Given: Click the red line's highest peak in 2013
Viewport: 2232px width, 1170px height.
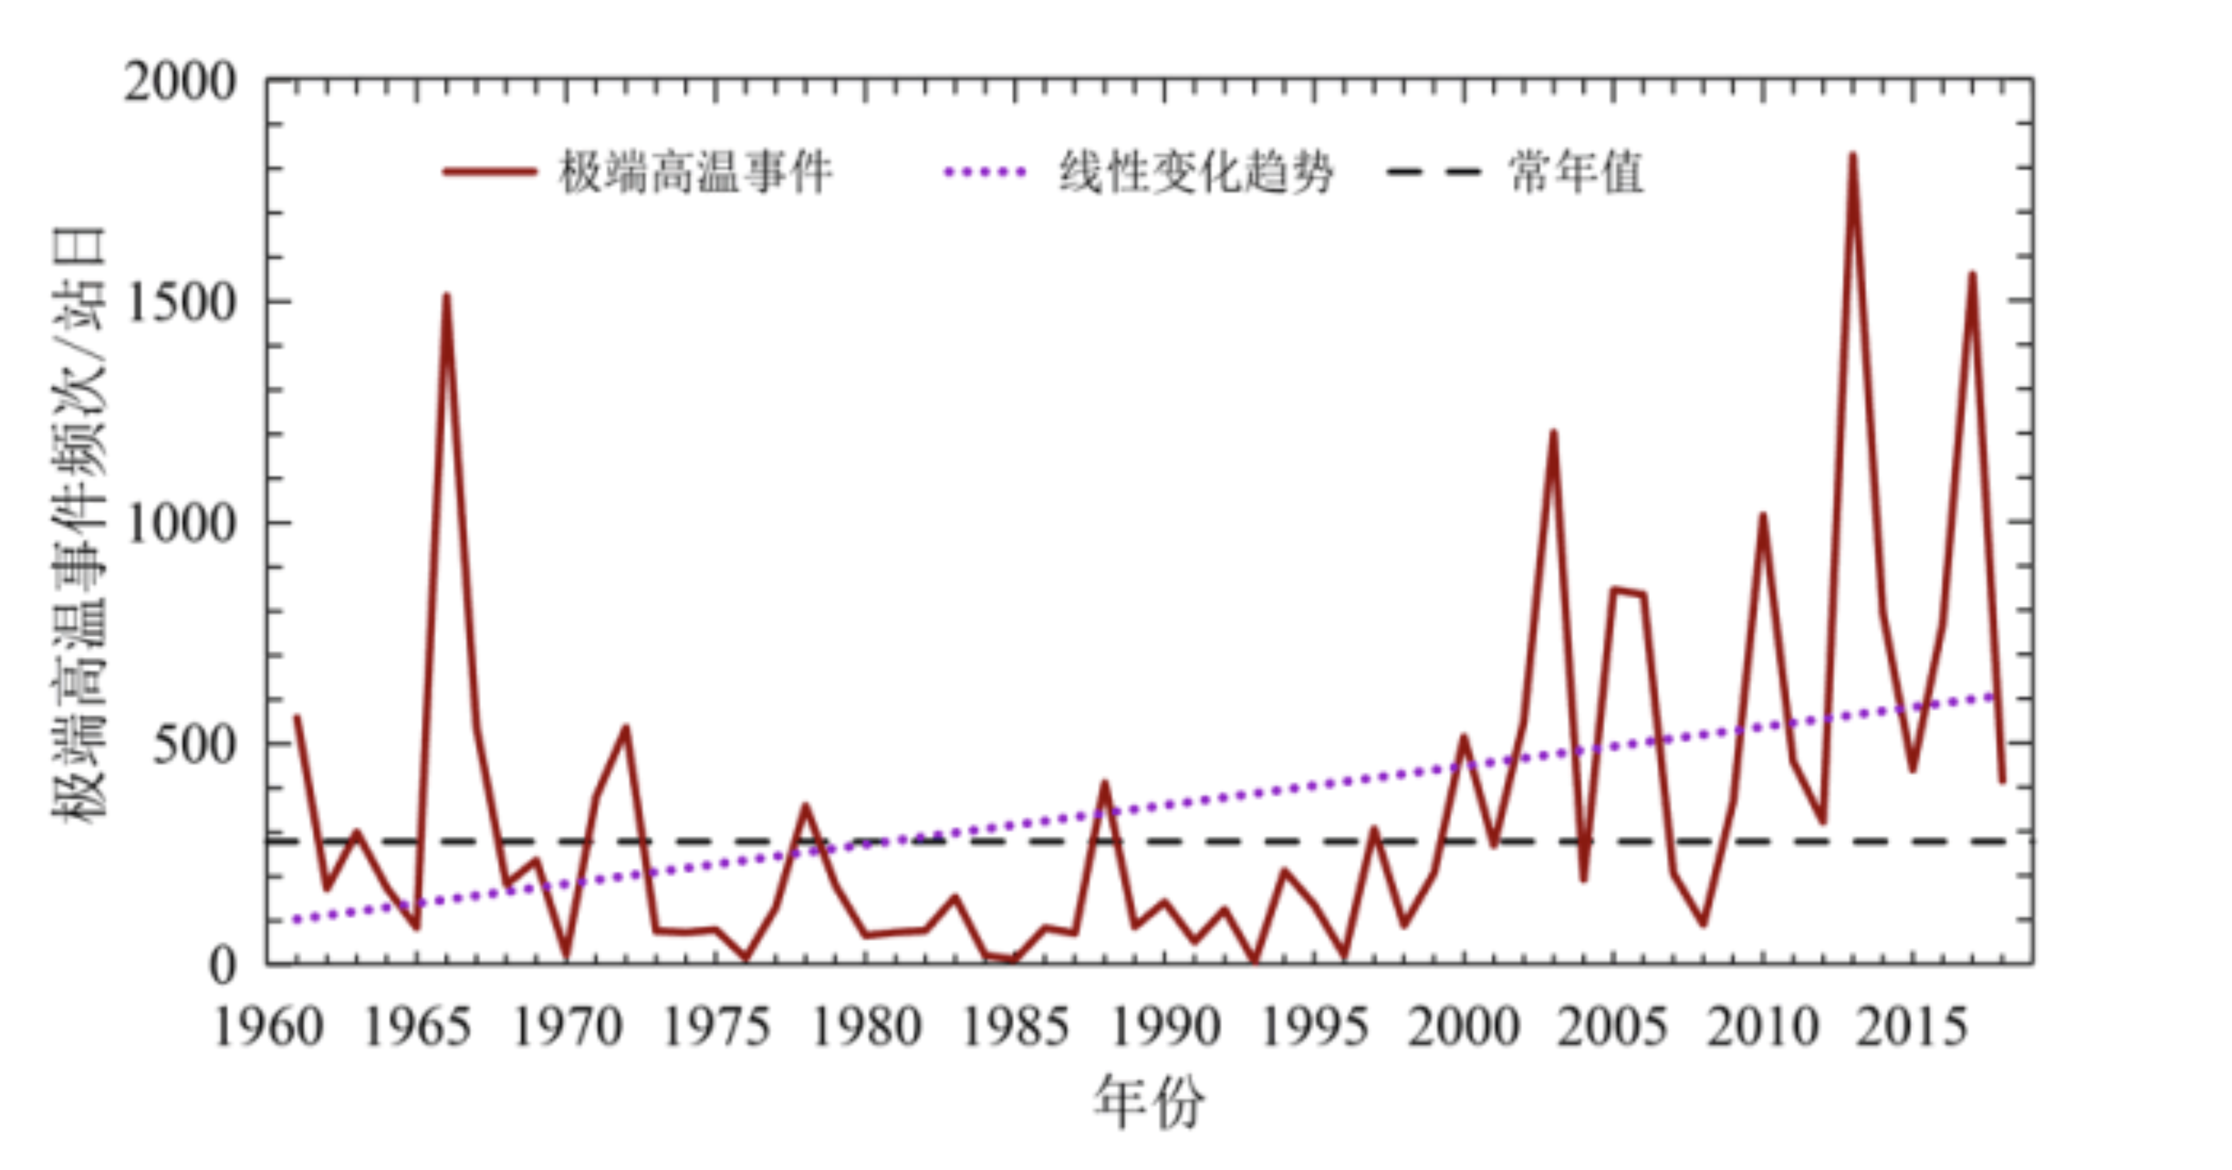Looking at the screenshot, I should (x=1852, y=156).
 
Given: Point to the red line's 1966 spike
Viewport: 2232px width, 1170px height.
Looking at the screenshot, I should (x=446, y=297).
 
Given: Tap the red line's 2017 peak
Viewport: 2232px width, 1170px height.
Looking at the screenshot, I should (x=1972, y=275).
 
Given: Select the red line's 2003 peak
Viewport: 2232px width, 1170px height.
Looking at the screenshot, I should (x=1553, y=434).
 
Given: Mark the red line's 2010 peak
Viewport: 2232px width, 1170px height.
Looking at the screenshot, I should (x=1763, y=517).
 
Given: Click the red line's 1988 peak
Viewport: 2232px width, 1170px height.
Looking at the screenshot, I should (x=1105, y=783).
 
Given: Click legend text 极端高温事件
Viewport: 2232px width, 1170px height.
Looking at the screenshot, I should (x=695, y=172).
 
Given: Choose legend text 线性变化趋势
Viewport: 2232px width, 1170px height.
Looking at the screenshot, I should (x=1195, y=172).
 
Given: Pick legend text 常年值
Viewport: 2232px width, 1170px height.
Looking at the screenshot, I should (x=1576, y=172).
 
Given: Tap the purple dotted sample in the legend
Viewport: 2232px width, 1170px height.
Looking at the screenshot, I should (x=986, y=172).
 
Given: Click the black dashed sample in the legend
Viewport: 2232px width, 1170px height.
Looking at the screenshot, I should (x=1433, y=172).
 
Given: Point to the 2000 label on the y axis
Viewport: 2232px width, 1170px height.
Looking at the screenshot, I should (x=180, y=83).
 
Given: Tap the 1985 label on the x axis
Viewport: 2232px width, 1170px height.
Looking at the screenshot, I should (x=1016, y=1028).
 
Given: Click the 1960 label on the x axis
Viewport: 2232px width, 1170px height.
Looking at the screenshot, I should (x=268, y=1028).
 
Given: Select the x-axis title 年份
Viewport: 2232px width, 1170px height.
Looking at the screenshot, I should (x=1149, y=1102).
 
